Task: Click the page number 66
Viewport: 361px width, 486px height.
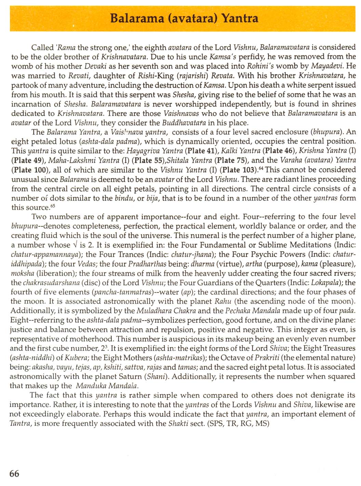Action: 15,473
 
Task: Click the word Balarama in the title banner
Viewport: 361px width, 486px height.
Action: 137,18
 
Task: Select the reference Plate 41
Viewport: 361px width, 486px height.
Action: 200,151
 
